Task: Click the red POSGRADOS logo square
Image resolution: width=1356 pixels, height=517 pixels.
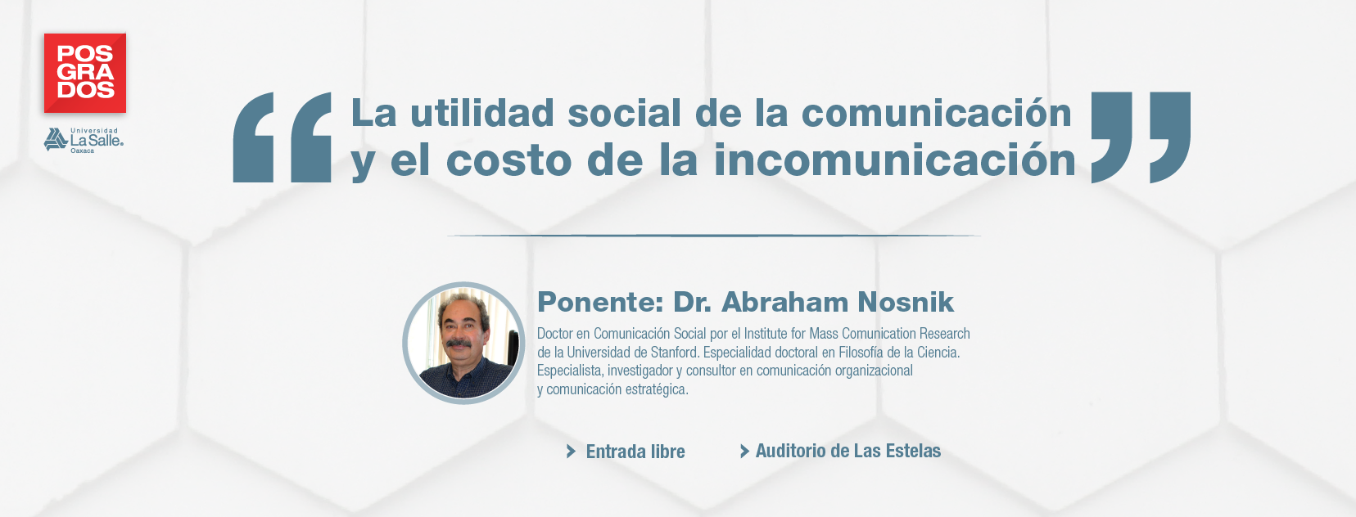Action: tap(85, 73)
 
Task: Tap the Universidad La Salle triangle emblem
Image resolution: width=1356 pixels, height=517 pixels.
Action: tap(55, 140)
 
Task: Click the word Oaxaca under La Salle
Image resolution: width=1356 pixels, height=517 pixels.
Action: tap(83, 151)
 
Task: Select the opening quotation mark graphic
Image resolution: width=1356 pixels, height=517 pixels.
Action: tap(282, 137)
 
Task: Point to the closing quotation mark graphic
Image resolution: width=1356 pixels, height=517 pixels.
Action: tap(1141, 137)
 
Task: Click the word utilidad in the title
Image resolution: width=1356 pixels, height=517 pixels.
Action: tap(482, 113)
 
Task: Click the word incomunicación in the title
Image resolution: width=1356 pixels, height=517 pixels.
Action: tap(895, 160)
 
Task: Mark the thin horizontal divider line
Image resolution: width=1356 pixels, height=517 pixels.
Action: tap(714, 236)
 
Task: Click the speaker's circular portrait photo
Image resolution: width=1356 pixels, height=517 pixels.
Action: tap(463, 343)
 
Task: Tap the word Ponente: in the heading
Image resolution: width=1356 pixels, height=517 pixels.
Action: tap(600, 303)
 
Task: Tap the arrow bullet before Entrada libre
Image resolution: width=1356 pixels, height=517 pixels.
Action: tap(571, 451)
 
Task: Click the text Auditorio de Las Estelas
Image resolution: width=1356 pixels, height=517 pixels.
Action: tap(848, 451)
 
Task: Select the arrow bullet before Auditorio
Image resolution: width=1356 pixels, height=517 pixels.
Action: tap(744, 451)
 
